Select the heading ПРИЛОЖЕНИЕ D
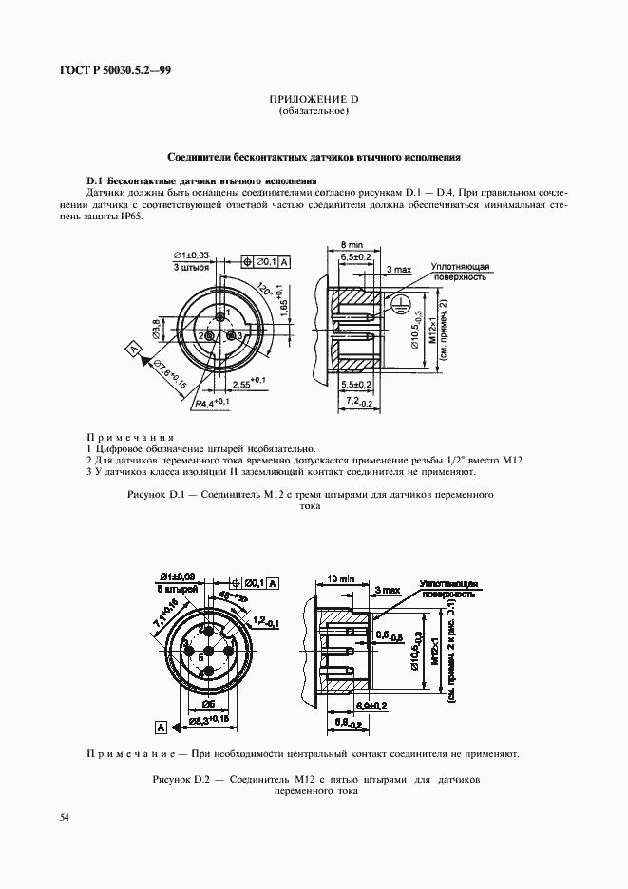[314, 100]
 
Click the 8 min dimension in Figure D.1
[352, 245]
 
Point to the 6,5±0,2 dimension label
[356, 257]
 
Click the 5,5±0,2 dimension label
[357, 384]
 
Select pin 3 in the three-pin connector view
[238, 335]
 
